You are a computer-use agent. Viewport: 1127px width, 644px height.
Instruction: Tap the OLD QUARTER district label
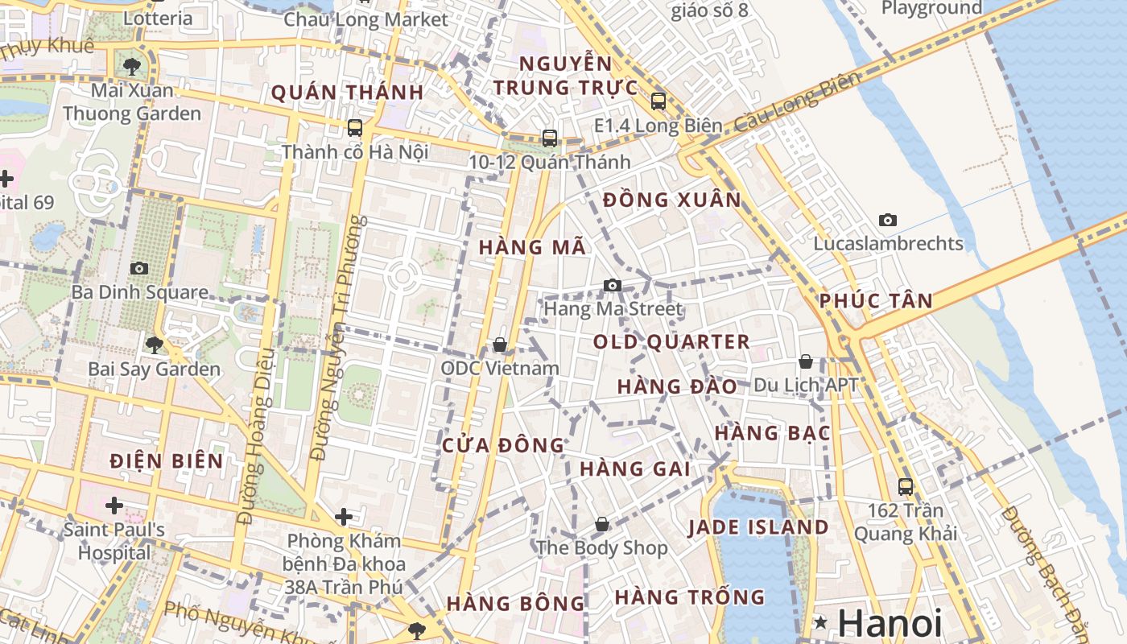pyautogui.click(x=671, y=342)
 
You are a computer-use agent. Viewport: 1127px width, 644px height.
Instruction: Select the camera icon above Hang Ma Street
pyautogui.click(x=613, y=285)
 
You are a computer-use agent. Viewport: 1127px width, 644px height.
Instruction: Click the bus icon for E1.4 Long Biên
pyautogui.click(x=658, y=101)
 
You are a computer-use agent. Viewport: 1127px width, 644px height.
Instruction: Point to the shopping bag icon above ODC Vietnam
pyautogui.click(x=500, y=345)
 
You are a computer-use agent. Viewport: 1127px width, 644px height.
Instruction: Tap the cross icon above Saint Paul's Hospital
pyautogui.click(x=114, y=506)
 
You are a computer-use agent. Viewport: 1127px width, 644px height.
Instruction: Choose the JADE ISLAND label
pyautogui.click(x=758, y=528)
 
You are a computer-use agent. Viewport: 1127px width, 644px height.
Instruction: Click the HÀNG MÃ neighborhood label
pyautogui.click(x=533, y=248)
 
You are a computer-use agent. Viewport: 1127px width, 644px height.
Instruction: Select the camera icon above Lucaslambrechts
pyautogui.click(x=888, y=220)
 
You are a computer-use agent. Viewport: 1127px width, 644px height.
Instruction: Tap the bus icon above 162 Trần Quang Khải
pyautogui.click(x=906, y=486)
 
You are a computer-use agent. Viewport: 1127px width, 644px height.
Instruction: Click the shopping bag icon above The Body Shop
pyautogui.click(x=602, y=525)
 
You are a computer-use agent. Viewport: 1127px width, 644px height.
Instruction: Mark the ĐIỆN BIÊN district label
pyautogui.click(x=167, y=461)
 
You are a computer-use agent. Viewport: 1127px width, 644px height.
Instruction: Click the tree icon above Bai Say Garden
pyautogui.click(x=154, y=345)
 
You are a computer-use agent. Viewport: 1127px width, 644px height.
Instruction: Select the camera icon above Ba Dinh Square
pyautogui.click(x=139, y=268)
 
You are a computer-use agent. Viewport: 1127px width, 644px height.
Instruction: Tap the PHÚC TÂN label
pyautogui.click(x=876, y=302)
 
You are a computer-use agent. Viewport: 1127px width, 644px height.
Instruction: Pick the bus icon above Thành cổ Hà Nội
pyautogui.click(x=355, y=128)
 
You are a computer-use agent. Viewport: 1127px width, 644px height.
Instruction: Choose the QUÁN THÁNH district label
pyautogui.click(x=347, y=93)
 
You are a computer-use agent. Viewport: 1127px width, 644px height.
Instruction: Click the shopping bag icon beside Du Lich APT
pyautogui.click(x=806, y=362)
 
